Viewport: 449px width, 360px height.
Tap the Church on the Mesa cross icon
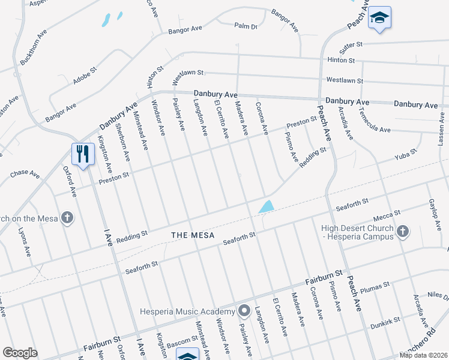(x=68, y=218)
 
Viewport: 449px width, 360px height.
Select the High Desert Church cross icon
(x=403, y=231)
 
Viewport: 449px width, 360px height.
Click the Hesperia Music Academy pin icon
(x=244, y=311)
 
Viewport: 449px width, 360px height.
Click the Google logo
(x=20, y=353)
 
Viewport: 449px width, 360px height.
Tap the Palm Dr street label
(x=246, y=26)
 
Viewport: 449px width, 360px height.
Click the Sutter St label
(x=352, y=44)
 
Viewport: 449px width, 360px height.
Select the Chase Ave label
(x=25, y=175)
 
